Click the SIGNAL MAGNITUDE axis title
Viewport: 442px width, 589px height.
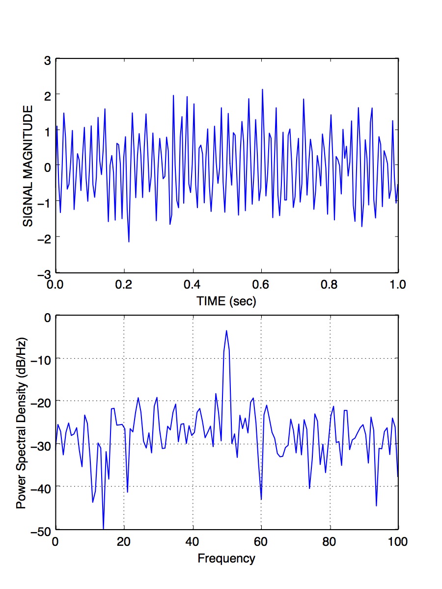(28, 165)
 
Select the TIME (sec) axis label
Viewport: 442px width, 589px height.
(226, 301)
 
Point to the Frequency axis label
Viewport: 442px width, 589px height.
(226, 558)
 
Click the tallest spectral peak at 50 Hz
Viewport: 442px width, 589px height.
(226, 330)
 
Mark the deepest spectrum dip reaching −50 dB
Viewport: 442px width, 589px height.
(104, 528)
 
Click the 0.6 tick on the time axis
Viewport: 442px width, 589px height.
(261, 284)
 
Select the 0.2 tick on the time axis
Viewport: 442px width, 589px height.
(124, 284)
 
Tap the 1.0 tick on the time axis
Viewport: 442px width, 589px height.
(398, 284)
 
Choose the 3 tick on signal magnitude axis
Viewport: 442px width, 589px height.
(48, 60)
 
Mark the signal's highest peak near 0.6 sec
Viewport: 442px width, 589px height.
(262, 89)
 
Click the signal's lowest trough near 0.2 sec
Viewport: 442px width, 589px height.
(129, 241)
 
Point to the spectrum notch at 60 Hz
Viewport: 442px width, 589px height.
(261, 499)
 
